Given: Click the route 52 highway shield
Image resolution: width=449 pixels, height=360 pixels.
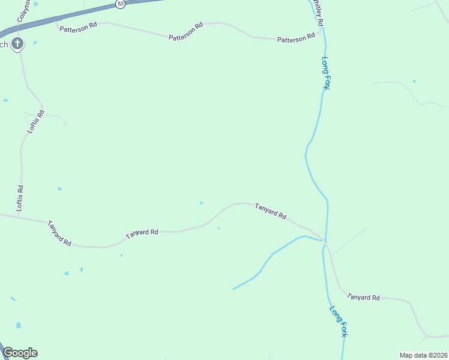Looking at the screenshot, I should pyautogui.click(x=120, y=4).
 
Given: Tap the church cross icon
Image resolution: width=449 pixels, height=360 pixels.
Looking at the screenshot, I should pyautogui.click(x=18, y=43).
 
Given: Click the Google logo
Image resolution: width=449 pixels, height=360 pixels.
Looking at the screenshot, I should pyautogui.click(x=20, y=353).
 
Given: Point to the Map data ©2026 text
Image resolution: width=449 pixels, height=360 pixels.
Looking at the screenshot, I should pyautogui.click(x=423, y=355).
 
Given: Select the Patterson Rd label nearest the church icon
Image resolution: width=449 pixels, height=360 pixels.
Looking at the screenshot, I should pyautogui.click(x=78, y=28).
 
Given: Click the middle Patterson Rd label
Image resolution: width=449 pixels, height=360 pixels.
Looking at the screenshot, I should pyautogui.click(x=186, y=33).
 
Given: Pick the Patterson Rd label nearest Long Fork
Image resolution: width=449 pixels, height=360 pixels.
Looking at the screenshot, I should pyautogui.click(x=295, y=37).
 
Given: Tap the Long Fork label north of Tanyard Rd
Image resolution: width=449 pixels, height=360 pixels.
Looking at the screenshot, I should pyautogui.click(x=325, y=73).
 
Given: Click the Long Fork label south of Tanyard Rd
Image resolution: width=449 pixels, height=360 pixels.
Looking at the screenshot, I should pyautogui.click(x=338, y=321).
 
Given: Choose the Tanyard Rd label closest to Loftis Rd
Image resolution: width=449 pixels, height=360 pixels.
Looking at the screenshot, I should pyautogui.click(x=60, y=233).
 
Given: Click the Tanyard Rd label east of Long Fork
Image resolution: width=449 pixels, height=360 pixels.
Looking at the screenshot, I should pyautogui.click(x=364, y=297).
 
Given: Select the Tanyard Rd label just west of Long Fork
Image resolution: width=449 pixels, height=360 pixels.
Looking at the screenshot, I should pyautogui.click(x=270, y=211).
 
